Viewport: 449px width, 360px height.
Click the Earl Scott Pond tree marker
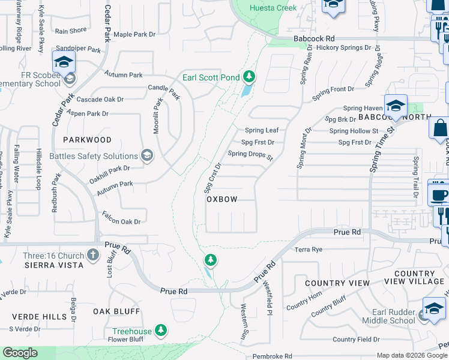point(249,77)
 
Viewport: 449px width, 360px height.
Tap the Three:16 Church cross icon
point(92,256)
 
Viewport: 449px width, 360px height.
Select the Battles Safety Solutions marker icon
point(146,156)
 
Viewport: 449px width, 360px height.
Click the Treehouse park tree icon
point(160,331)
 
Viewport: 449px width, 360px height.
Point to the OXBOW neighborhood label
point(222,199)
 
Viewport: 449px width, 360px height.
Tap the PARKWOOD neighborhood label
point(87,140)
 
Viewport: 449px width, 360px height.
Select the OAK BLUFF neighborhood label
point(116,311)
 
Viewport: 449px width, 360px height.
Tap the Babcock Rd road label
point(313,38)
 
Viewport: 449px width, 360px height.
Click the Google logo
point(20,353)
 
